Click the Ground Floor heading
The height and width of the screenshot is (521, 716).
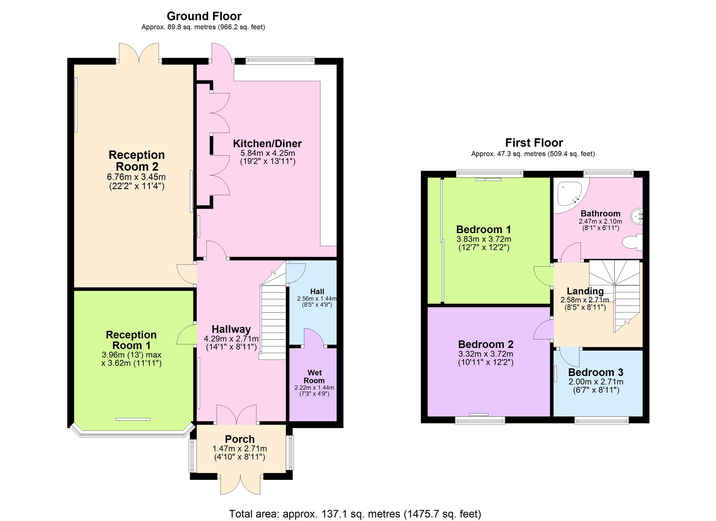click(x=204, y=16)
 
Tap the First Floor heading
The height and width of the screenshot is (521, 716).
click(x=534, y=143)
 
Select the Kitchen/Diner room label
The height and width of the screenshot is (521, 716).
click(x=267, y=144)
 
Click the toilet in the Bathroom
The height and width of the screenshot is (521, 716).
click(x=633, y=242)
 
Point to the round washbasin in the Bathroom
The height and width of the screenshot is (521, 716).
click(x=637, y=217)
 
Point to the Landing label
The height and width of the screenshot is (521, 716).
click(x=585, y=291)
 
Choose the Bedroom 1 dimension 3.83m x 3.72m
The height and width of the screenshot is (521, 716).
click(x=484, y=239)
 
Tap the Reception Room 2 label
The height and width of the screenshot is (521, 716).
click(x=137, y=160)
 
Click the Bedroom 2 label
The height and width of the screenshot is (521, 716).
click(x=486, y=344)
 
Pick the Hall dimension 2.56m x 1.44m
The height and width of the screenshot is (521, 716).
click(x=317, y=298)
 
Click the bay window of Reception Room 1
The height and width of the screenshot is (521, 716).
click(x=133, y=434)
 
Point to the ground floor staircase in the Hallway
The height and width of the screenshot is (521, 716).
click(x=273, y=319)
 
